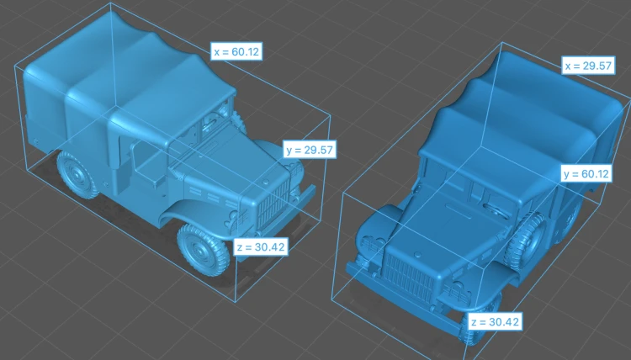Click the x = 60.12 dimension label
(x=236, y=51)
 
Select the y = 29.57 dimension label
(x=310, y=150)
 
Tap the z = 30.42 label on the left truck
(x=261, y=246)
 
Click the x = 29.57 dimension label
(x=588, y=66)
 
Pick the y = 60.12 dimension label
(x=586, y=174)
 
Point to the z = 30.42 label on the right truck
(x=495, y=322)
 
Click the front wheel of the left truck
(x=202, y=250)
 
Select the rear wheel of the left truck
(x=77, y=174)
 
